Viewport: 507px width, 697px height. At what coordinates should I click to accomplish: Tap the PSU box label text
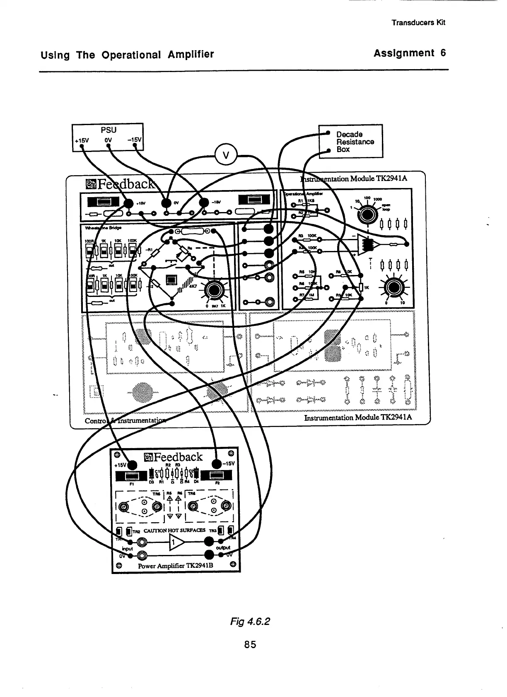click(109, 130)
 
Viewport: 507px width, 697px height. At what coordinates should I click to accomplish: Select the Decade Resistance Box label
click(355, 142)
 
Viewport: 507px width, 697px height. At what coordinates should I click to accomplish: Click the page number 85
click(250, 644)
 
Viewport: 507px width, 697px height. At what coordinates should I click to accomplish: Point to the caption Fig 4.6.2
click(250, 622)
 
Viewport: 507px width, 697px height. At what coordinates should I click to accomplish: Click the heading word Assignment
click(404, 53)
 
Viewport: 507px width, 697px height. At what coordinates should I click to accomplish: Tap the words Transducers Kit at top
click(418, 23)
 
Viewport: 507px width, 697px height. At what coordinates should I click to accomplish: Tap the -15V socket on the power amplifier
click(217, 464)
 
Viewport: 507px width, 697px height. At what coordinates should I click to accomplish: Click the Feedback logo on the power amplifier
click(174, 457)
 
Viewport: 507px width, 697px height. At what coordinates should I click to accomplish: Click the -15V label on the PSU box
click(135, 139)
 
